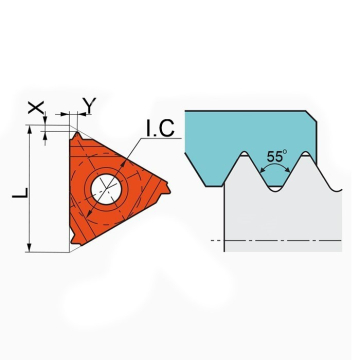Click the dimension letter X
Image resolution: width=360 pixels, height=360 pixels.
(36, 108)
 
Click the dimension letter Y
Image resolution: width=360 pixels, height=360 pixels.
(89, 104)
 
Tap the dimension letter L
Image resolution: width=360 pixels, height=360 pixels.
(20, 193)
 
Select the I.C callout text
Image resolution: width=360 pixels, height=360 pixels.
(160, 128)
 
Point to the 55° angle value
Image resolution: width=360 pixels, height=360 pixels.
(277, 156)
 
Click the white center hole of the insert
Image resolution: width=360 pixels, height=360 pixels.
(106, 189)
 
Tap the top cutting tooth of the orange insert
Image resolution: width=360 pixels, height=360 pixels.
(78, 136)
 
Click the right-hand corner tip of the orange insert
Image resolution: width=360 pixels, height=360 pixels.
(167, 187)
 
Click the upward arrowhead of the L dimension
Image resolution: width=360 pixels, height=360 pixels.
(30, 130)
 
